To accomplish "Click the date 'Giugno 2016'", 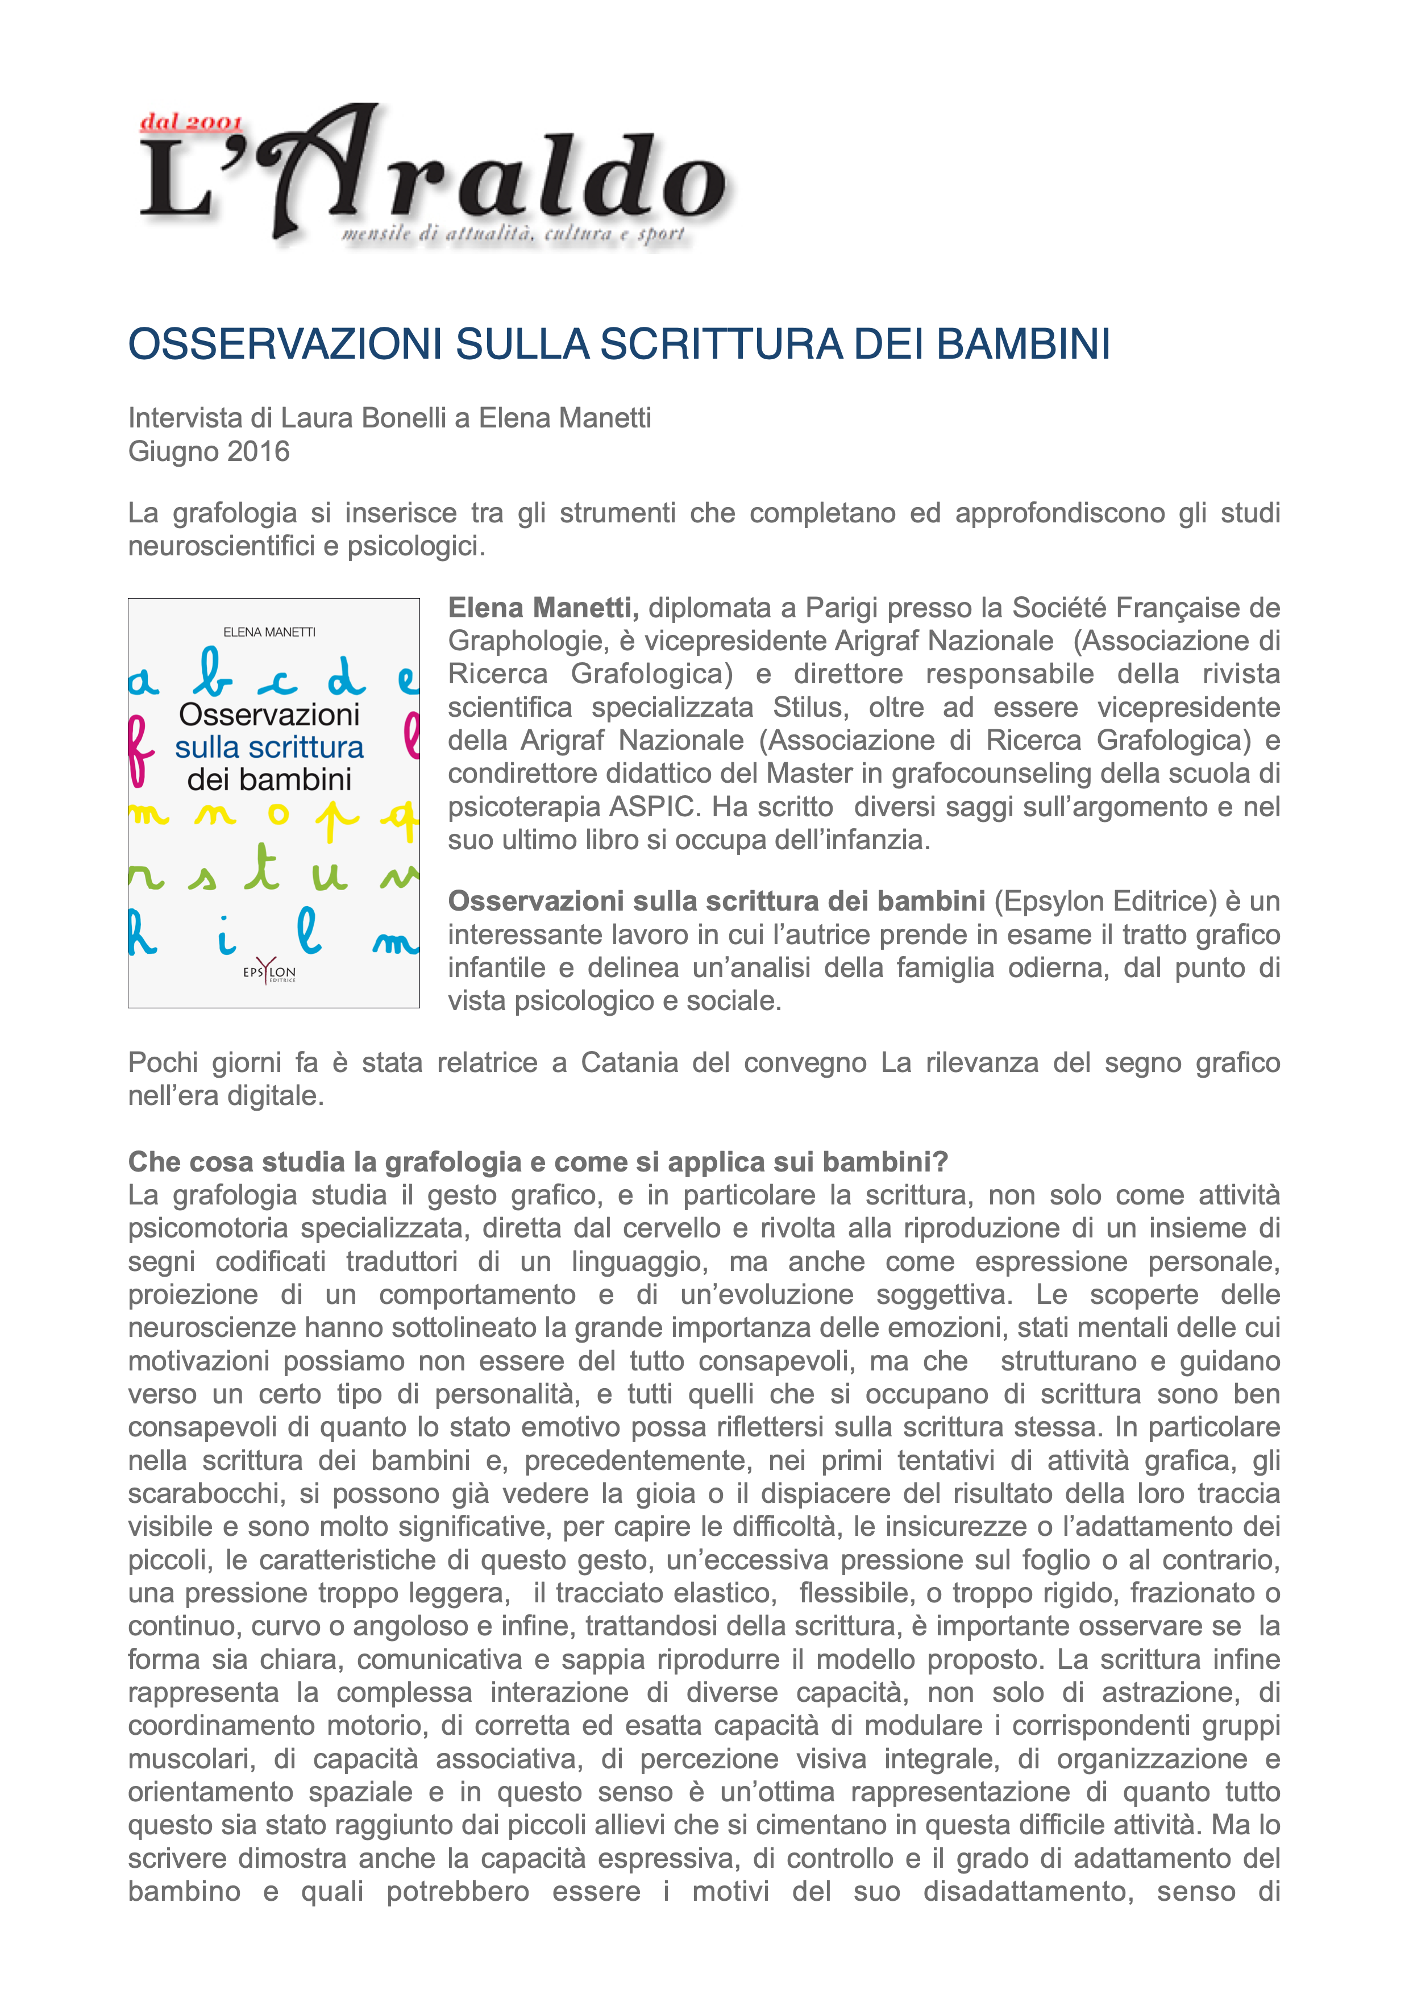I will click(x=209, y=451).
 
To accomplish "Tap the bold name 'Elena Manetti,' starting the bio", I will click(x=543, y=608).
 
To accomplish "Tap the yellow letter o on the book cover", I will click(x=278, y=814).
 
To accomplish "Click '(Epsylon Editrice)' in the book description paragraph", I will click(x=1105, y=902).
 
